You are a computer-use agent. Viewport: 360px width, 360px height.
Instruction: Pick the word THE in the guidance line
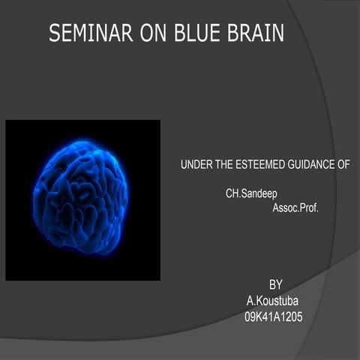[226, 164]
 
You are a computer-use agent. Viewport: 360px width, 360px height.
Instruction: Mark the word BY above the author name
[275, 285]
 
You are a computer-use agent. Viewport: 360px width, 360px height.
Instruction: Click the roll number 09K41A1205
[273, 316]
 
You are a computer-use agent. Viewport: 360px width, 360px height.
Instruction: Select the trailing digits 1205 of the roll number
[290, 316]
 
